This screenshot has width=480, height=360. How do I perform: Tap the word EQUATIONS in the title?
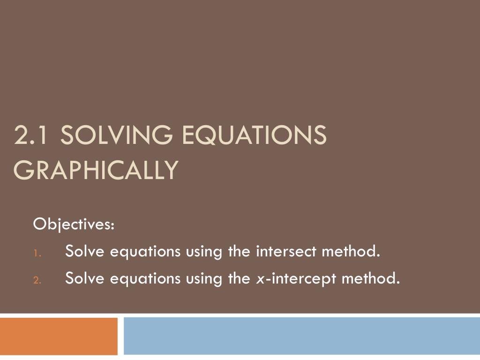pos(254,136)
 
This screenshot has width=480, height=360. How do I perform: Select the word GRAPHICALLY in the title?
pos(97,170)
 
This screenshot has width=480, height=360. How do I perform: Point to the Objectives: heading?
pos(74,225)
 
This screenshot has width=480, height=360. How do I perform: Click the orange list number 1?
pos(37,254)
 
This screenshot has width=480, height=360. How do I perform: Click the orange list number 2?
pos(38,280)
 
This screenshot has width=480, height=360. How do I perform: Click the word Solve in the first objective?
pos(85,252)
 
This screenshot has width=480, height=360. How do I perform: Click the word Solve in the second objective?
pos(85,279)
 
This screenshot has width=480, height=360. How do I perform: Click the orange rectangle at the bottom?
pos(59,336)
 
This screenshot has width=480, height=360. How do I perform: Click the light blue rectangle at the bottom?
pos(302,336)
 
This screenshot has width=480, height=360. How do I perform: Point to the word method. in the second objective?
pos(371,279)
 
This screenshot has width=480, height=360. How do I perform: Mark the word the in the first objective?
pos(239,252)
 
